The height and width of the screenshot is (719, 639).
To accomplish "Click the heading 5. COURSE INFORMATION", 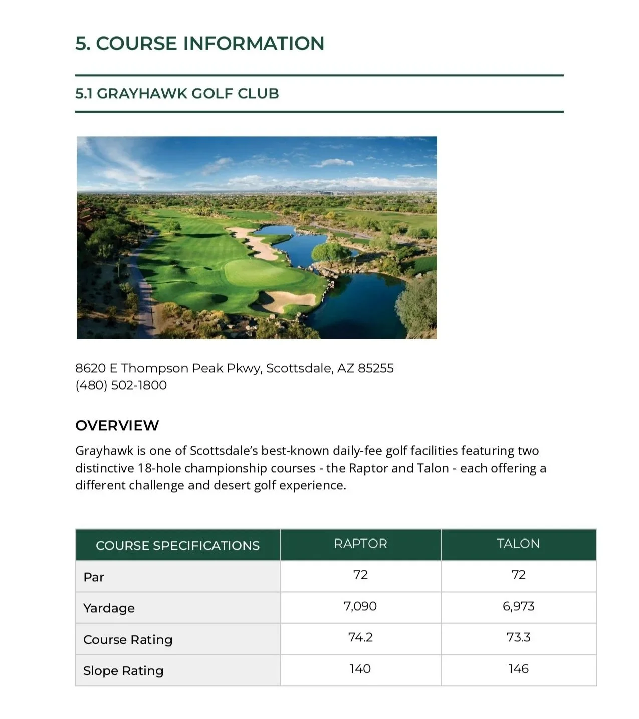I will (x=199, y=43).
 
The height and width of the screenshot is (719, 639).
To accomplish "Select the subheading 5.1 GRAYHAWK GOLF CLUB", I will (x=177, y=93).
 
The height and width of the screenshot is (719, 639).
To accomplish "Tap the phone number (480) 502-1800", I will (x=121, y=385).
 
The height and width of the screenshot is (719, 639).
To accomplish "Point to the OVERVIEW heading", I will (x=117, y=425).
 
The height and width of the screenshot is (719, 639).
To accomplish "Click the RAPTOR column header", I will (x=360, y=544).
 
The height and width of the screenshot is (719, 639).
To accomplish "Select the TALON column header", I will (x=518, y=544).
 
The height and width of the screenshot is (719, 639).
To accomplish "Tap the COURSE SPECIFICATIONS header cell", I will (x=177, y=545).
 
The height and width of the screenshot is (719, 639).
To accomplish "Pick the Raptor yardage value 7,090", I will (x=360, y=606).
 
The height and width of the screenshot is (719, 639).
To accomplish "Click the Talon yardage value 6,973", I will (x=518, y=606).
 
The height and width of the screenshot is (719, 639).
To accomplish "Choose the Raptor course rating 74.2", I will (x=360, y=637).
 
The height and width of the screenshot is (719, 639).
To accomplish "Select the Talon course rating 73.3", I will (x=518, y=637).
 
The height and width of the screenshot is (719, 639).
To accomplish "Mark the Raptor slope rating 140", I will (x=360, y=669).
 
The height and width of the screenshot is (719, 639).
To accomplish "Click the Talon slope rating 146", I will (x=518, y=669).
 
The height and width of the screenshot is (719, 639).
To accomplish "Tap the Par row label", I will (x=94, y=577).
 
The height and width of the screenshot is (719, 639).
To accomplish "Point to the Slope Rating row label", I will (x=123, y=671).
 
